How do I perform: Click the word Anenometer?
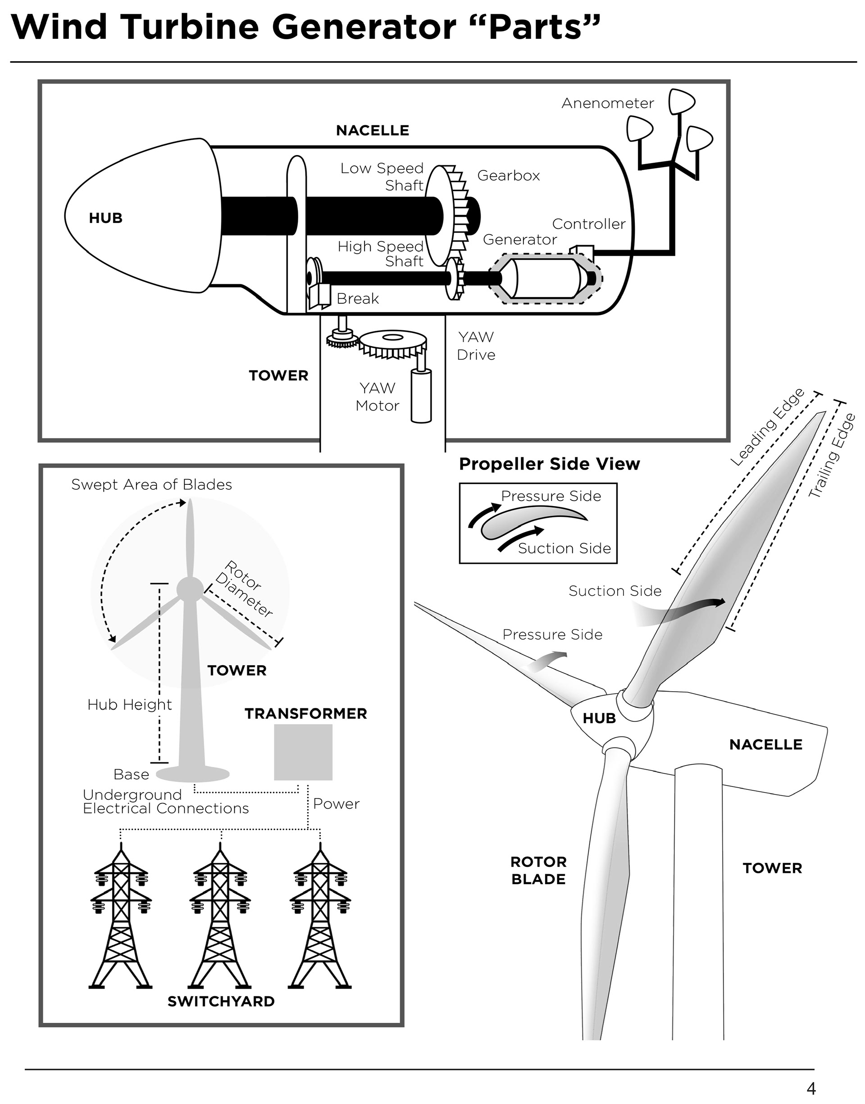click(608, 103)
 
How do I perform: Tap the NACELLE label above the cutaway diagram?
click(373, 131)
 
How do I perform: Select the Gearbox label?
click(509, 176)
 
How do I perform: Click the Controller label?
click(588, 224)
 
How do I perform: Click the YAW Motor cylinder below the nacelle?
click(421, 396)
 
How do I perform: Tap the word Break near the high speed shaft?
click(358, 299)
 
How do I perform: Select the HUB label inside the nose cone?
click(106, 218)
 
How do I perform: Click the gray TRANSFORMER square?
click(303, 752)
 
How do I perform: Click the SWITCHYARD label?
click(221, 1001)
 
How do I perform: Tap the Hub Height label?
click(130, 704)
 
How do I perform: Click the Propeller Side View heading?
click(550, 464)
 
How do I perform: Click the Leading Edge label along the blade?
click(767, 426)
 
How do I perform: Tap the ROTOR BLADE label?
click(538, 870)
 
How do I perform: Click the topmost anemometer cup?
click(681, 102)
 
